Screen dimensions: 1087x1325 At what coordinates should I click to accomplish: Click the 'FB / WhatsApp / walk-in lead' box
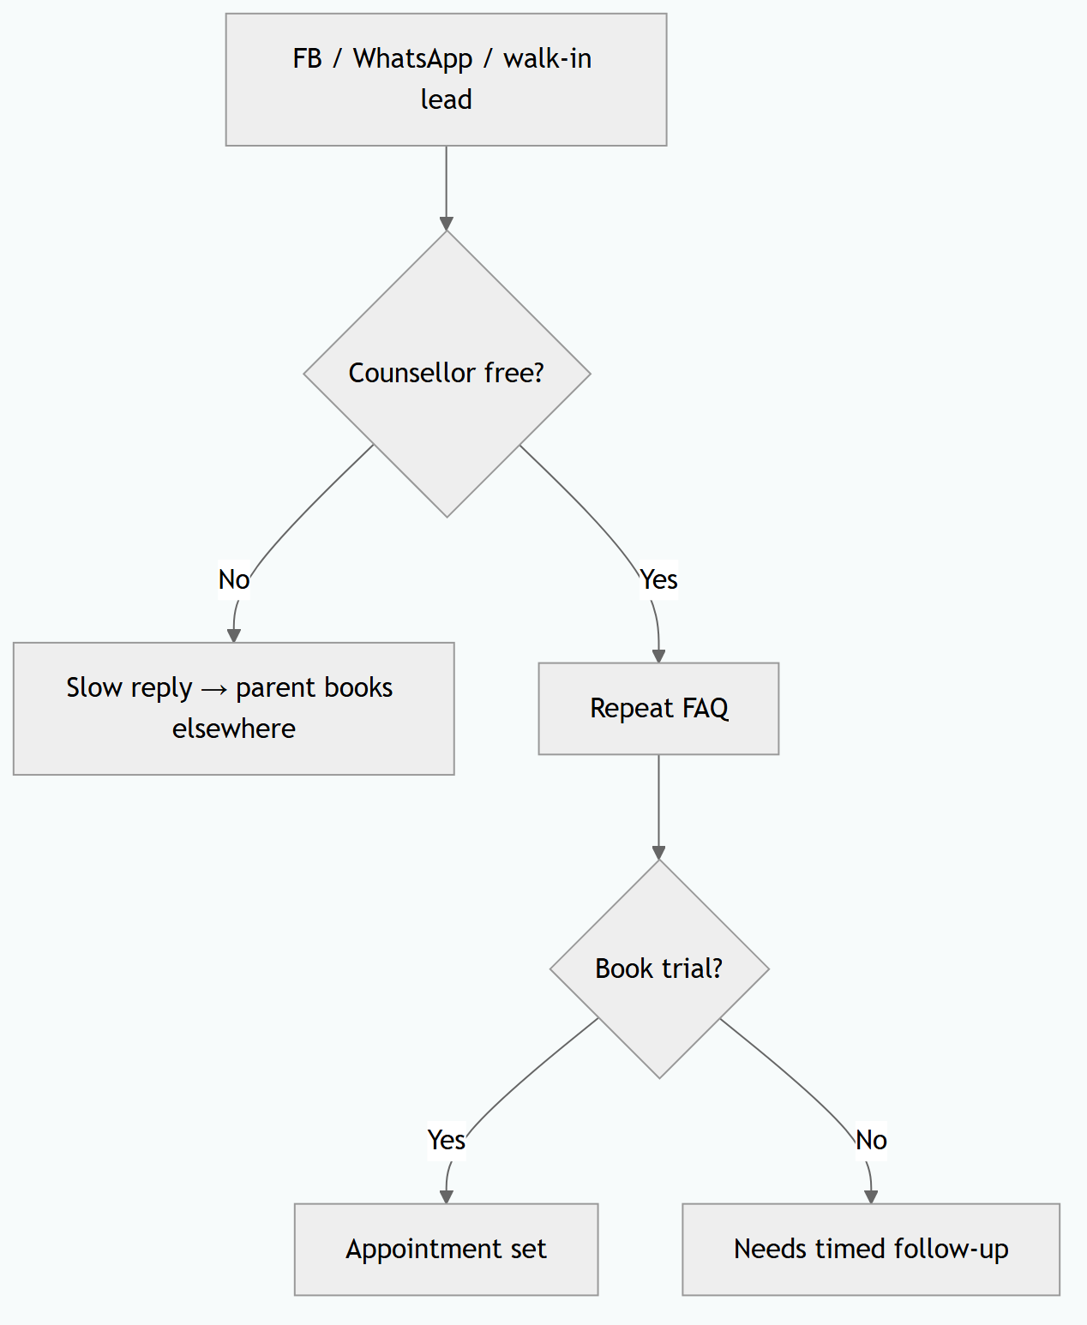(446, 80)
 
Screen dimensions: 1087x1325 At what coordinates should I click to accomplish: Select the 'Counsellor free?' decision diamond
(447, 374)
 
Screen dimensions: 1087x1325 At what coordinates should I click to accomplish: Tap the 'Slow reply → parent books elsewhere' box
(234, 709)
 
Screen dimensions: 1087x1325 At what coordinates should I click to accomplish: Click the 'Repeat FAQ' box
(658, 709)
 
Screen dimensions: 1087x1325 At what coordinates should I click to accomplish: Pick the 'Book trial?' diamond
(659, 968)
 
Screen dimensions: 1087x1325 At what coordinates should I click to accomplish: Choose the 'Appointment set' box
(446, 1249)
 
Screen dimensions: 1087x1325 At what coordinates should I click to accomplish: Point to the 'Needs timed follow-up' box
(871, 1249)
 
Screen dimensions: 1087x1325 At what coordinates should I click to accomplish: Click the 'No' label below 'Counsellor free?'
(234, 579)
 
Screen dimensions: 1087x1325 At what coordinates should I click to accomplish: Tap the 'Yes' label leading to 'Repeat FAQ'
(658, 579)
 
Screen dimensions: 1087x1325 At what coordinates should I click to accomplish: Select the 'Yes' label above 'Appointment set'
(446, 1140)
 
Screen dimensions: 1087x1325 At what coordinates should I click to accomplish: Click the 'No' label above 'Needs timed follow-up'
(871, 1140)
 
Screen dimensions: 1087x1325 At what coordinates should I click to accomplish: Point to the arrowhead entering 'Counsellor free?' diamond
(446, 225)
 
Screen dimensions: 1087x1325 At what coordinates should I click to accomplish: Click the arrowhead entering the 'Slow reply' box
(234, 635)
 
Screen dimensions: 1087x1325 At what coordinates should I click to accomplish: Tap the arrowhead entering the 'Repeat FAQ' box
(658, 656)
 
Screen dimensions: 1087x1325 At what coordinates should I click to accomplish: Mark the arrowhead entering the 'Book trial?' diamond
(658, 853)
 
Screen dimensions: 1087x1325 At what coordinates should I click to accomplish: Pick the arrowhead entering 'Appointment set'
(446, 1196)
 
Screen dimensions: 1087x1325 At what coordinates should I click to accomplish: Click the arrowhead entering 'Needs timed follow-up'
(871, 1196)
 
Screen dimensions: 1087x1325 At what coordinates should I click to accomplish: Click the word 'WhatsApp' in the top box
(412, 59)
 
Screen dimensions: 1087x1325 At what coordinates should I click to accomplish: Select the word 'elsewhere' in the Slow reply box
(234, 728)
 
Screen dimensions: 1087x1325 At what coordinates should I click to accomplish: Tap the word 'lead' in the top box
(446, 99)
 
